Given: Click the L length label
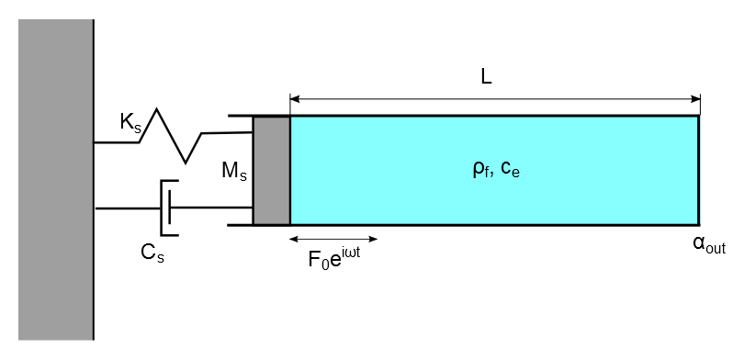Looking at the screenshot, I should point(486,77).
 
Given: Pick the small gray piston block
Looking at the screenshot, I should point(272,170).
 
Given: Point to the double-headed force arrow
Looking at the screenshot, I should point(333,238).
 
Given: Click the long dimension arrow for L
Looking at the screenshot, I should point(495,96).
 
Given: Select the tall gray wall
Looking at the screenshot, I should point(56,179).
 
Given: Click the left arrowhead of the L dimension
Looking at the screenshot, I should point(295,96).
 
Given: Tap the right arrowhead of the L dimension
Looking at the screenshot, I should point(695,96).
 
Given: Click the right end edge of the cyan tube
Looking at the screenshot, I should point(698,170).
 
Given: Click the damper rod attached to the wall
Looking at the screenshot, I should point(129,208).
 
